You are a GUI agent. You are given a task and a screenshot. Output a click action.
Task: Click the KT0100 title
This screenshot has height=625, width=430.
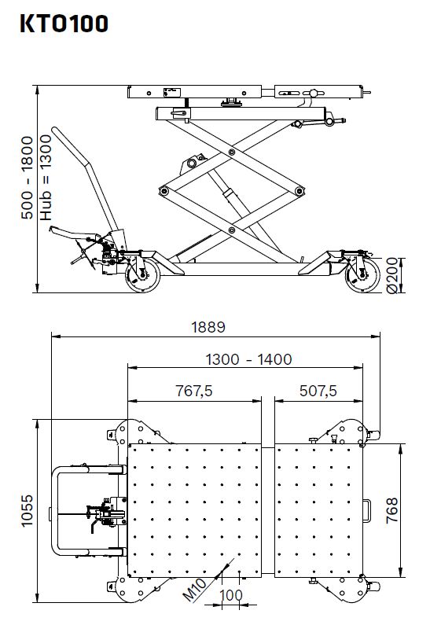64,23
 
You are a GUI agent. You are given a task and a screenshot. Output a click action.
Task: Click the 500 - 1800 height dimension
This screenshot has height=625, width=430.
27,178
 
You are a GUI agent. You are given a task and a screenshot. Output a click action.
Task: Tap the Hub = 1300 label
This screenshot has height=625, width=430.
46,178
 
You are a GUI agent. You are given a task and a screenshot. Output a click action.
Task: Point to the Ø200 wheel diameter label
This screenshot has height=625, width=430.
392,275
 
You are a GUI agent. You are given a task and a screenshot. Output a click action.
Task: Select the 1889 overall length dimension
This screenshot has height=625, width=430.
208,327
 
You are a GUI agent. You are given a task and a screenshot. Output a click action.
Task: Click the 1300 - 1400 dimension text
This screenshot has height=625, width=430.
248,359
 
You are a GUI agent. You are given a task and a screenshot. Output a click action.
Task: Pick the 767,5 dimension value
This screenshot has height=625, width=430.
194,391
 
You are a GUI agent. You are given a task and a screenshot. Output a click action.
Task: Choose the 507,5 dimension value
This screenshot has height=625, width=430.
318,391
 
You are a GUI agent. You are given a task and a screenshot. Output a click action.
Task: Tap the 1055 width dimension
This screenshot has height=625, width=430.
27,511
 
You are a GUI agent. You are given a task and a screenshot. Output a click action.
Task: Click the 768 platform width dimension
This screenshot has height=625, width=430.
392,510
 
